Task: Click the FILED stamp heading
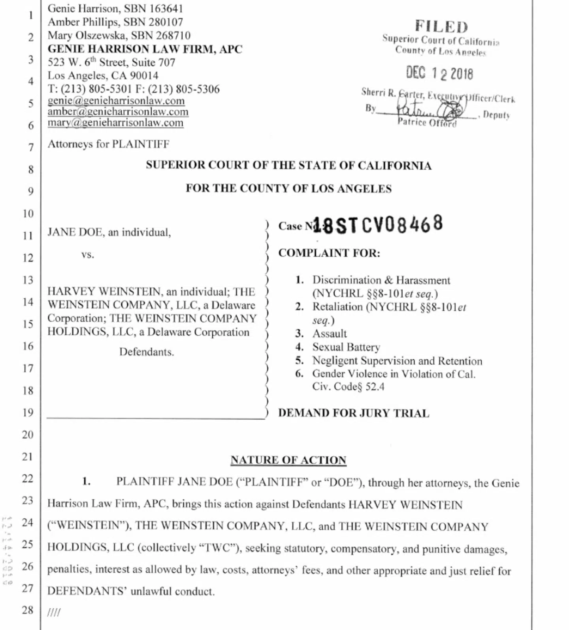(441, 26)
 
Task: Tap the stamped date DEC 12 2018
(439, 73)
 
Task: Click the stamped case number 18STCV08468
(378, 225)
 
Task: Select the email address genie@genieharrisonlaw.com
(116, 101)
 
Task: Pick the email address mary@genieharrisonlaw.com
(115, 123)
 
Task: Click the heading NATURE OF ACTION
(288, 460)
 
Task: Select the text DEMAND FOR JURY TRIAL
(353, 413)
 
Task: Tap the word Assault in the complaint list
(330, 334)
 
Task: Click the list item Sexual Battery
(346, 347)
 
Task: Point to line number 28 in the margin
(28, 610)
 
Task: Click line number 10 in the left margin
(28, 214)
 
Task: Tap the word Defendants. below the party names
(147, 352)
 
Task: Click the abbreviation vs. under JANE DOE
(88, 255)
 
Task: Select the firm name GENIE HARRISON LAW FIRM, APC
(145, 49)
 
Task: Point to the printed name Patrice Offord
(427, 123)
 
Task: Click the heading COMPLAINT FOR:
(329, 253)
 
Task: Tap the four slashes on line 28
(54, 612)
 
